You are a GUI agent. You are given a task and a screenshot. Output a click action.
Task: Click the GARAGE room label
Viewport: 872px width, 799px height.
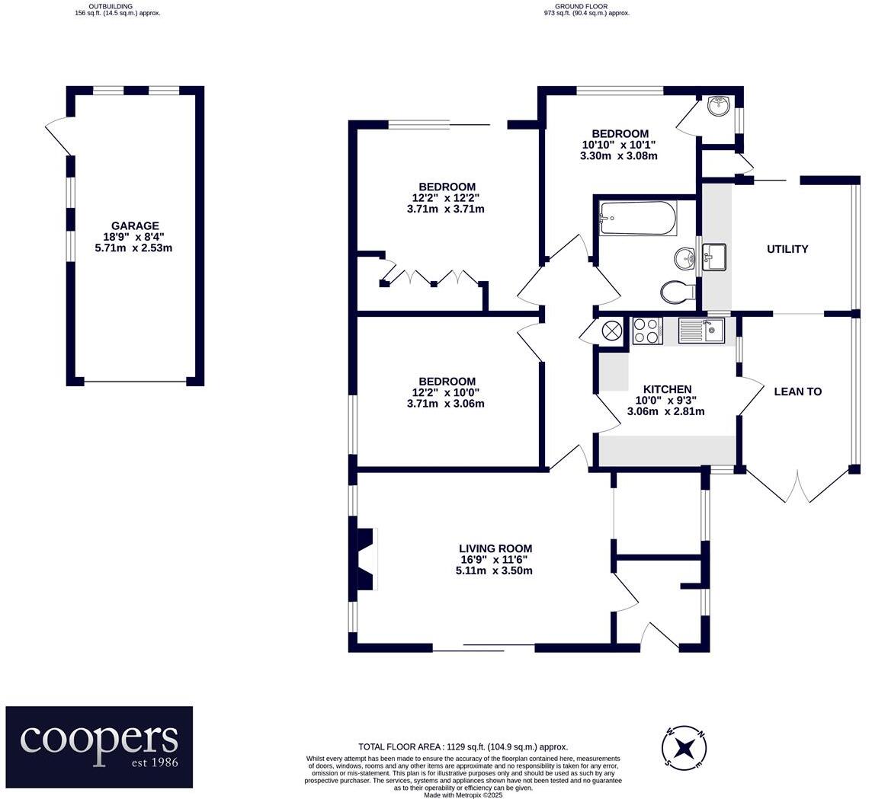pyautogui.click(x=135, y=225)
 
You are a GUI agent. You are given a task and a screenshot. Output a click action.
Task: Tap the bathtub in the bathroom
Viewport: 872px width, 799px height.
pyautogui.click(x=638, y=218)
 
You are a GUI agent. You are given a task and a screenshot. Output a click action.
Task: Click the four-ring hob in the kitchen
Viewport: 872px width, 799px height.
pyautogui.click(x=647, y=330)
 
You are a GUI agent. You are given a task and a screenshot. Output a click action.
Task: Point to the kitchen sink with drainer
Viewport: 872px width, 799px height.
pyautogui.click(x=701, y=331)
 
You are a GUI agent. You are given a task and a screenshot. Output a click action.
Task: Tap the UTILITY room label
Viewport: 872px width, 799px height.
pyautogui.click(x=787, y=249)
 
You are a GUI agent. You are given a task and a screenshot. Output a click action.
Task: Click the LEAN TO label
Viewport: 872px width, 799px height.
pyautogui.click(x=797, y=392)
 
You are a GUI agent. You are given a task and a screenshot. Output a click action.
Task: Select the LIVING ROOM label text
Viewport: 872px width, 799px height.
pyautogui.click(x=495, y=548)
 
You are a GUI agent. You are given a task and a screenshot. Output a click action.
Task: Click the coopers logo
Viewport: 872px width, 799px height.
pyautogui.click(x=99, y=746)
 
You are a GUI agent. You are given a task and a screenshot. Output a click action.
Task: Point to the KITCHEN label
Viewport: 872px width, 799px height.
pyautogui.click(x=668, y=389)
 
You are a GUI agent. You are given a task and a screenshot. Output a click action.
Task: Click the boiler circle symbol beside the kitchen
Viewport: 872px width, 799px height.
pyautogui.click(x=611, y=330)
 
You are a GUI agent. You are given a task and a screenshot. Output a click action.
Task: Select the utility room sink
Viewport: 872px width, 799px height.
pyautogui.click(x=714, y=257)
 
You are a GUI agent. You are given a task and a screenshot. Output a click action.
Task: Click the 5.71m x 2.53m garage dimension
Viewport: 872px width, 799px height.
pyautogui.click(x=134, y=248)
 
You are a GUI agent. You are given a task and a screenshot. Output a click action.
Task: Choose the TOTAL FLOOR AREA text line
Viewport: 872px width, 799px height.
pyautogui.click(x=463, y=747)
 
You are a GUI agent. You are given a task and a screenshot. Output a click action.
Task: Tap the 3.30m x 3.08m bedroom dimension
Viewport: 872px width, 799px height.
pyautogui.click(x=619, y=156)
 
